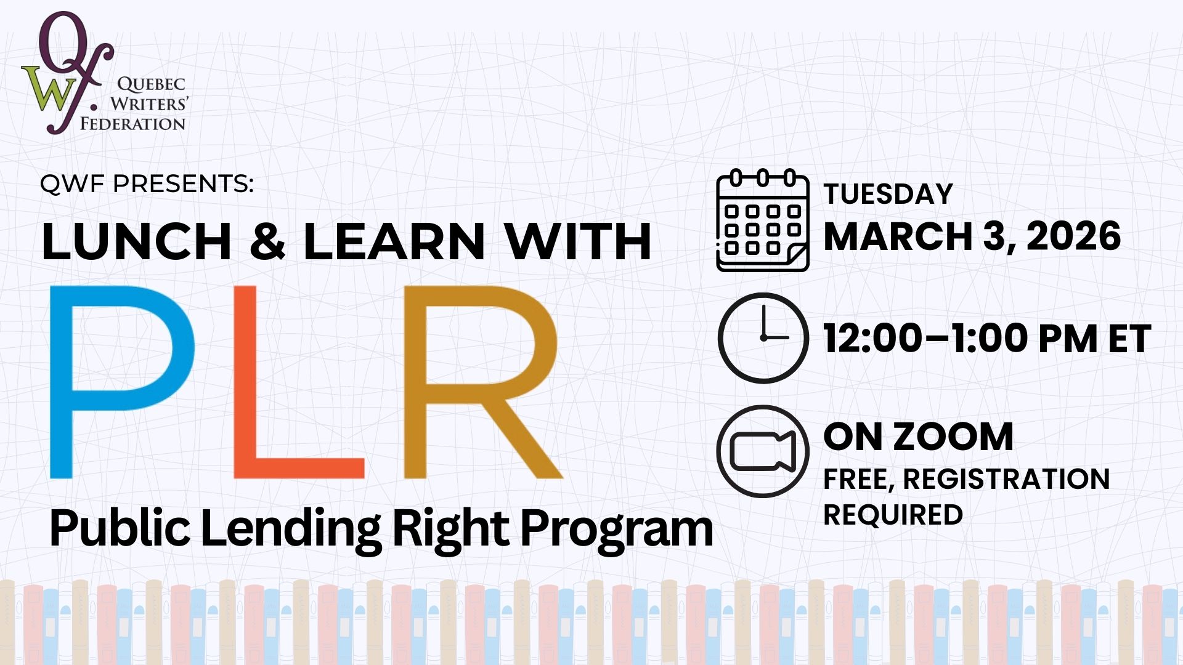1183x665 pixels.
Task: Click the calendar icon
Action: pyautogui.click(x=763, y=220)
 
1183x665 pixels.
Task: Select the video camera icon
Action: pyautogui.click(x=763, y=451)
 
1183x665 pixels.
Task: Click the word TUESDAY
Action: pyautogui.click(x=888, y=194)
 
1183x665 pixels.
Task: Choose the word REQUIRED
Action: pyautogui.click(x=893, y=515)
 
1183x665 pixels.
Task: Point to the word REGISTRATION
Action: pyautogui.click(x=1006, y=479)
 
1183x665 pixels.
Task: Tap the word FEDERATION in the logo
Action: pyautogui.click(x=132, y=124)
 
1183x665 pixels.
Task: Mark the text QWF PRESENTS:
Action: pyautogui.click(x=147, y=183)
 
